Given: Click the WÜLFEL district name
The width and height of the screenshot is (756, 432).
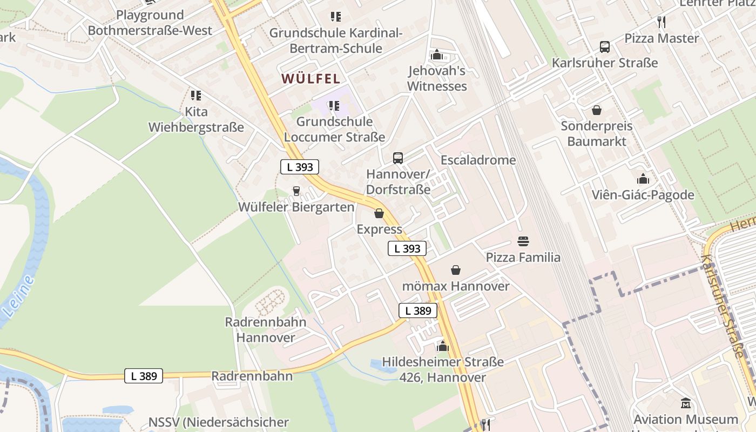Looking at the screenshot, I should tap(310, 79).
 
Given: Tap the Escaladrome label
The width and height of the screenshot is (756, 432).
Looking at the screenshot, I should tap(478, 160).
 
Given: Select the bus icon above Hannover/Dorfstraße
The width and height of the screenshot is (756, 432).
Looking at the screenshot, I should tap(398, 158).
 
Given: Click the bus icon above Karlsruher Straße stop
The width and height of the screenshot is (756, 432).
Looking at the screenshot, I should tap(605, 47).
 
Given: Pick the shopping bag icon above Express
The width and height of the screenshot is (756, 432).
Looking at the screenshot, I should tap(379, 213).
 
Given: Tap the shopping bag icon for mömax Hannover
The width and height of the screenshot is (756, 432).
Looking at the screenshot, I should tap(456, 270).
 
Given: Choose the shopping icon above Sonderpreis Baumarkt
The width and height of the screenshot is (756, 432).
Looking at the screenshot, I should tap(597, 111).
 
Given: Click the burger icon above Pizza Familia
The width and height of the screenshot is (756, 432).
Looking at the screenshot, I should tap(523, 241).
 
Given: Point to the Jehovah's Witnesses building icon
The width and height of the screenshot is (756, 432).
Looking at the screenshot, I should tap(437, 55).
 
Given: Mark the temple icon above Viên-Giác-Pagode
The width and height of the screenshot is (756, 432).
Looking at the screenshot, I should tap(643, 179).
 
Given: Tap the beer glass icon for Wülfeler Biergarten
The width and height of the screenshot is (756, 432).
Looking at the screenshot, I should tap(296, 191).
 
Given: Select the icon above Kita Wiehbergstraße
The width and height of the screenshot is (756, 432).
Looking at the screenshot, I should tap(196, 96).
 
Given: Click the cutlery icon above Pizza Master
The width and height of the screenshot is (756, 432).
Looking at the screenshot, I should tap(661, 22).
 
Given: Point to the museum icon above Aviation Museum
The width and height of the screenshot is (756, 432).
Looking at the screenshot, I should tap(686, 403).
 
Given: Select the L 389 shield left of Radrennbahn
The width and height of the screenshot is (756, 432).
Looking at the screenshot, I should tap(143, 376).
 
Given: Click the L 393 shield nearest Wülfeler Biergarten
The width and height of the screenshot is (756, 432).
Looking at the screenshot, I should tap(300, 167).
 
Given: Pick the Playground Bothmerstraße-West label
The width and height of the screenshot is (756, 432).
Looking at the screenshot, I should tap(150, 23).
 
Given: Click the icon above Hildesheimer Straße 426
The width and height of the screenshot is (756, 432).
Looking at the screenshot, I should tap(443, 346).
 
